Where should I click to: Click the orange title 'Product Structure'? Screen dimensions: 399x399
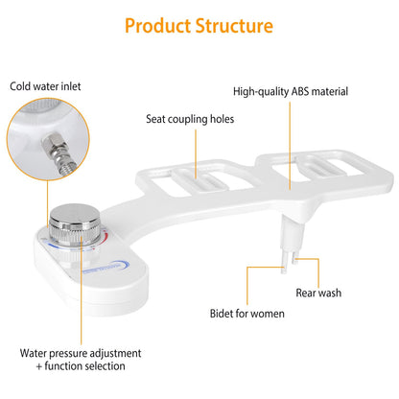pos(199,26)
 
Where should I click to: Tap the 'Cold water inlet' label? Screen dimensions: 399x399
pos(45,86)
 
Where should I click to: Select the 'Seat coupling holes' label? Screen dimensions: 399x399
pos(190,119)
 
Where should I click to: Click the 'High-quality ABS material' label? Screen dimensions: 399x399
pos(291,92)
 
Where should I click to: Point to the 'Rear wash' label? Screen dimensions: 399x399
pos(318,293)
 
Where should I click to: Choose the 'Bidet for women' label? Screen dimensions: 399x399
pos(247,314)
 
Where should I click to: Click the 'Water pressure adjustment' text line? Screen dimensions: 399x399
pos(81,353)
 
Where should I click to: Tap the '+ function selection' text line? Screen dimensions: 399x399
pos(81,366)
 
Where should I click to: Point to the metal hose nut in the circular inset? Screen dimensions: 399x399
pos(51,143)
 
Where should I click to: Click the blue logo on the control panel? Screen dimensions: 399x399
pos(106,268)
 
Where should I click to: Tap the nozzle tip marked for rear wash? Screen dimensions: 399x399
pos(295,260)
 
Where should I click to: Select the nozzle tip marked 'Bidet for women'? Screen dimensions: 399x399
pos(284,268)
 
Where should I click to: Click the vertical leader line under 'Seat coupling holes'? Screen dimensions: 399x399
pos(196,154)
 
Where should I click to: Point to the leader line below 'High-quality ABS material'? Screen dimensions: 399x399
pos(290,146)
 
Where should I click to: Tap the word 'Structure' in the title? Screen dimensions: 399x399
pos(234,26)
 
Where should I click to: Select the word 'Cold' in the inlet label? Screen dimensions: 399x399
pos(20,86)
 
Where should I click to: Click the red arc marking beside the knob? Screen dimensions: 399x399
pos(106,239)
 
